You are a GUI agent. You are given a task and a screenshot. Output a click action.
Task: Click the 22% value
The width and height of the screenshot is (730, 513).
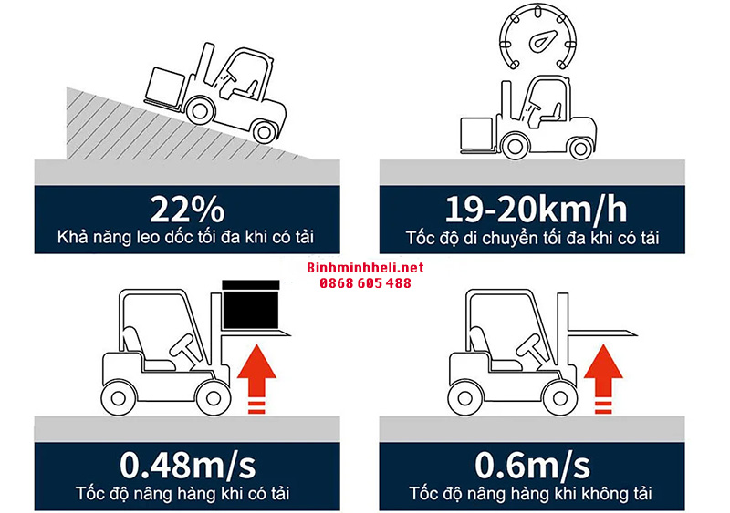click(187, 210)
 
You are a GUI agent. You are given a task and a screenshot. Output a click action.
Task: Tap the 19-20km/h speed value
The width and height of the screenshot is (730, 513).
click(536, 210)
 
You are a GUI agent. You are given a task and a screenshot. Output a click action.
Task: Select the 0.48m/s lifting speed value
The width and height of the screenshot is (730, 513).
click(188, 465)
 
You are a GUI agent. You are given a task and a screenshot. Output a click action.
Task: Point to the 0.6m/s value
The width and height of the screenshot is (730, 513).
click(532, 465)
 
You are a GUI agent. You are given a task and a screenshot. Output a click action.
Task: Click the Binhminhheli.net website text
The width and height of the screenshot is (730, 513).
click(366, 267)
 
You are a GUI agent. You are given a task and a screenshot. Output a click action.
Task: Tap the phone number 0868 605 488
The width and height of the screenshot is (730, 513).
click(366, 282)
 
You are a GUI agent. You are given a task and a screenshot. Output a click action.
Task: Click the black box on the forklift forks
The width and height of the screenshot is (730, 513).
click(250, 304)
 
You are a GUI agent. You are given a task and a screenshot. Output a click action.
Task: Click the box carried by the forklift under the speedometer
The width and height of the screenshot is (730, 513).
click(476, 133)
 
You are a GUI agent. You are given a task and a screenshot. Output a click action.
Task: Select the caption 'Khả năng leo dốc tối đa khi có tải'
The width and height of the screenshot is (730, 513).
click(186, 237)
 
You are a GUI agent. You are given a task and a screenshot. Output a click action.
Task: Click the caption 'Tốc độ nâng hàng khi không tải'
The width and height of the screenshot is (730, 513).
click(531, 494)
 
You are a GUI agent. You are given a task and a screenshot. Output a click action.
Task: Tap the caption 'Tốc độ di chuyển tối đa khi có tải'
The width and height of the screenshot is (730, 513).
click(533, 238)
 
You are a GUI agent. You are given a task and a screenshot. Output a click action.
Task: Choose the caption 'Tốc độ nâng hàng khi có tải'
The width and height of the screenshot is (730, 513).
click(183, 494)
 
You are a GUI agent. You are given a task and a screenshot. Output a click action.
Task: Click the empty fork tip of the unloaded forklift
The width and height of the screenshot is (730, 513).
click(637, 333)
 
